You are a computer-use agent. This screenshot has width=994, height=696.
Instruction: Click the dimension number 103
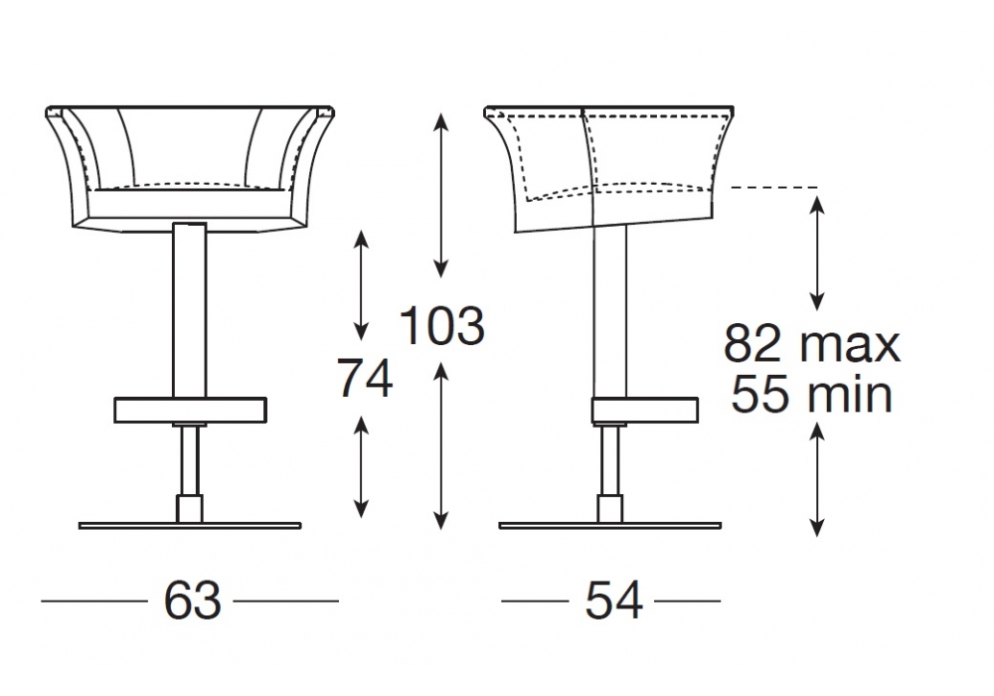pos(442,325)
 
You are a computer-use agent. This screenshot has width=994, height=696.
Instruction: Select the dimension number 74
pos(365,378)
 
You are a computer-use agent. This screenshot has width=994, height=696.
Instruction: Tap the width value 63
pos(192,600)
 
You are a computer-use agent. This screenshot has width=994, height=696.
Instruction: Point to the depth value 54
pos(613,600)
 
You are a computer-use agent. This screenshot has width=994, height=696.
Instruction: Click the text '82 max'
pos(811,343)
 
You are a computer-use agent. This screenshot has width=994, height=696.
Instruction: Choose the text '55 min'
pos(811,394)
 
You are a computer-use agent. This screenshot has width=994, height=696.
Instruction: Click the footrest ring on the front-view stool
pos(190,410)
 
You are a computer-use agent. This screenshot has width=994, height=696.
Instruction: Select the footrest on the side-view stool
pos(645,410)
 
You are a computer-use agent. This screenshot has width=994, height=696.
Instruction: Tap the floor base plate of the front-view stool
pos(190,526)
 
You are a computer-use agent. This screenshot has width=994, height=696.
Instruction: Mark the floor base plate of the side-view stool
pos(610,526)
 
